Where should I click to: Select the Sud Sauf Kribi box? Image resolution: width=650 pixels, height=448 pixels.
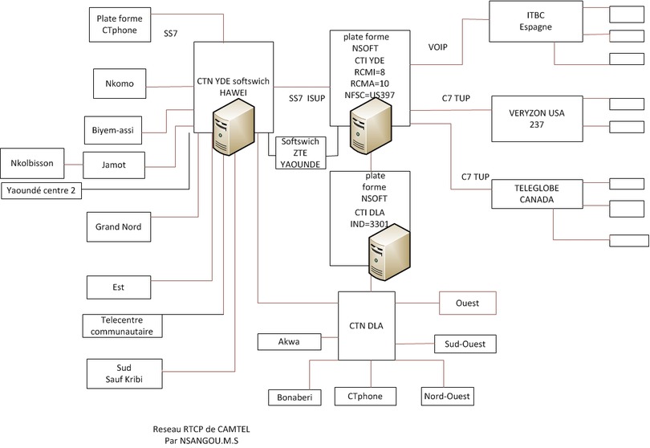(123, 373)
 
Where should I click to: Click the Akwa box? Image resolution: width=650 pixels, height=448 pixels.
(288, 342)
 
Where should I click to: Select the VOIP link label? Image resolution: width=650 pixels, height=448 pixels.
(438, 47)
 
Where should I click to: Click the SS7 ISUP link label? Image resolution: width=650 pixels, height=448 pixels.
(306, 99)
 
